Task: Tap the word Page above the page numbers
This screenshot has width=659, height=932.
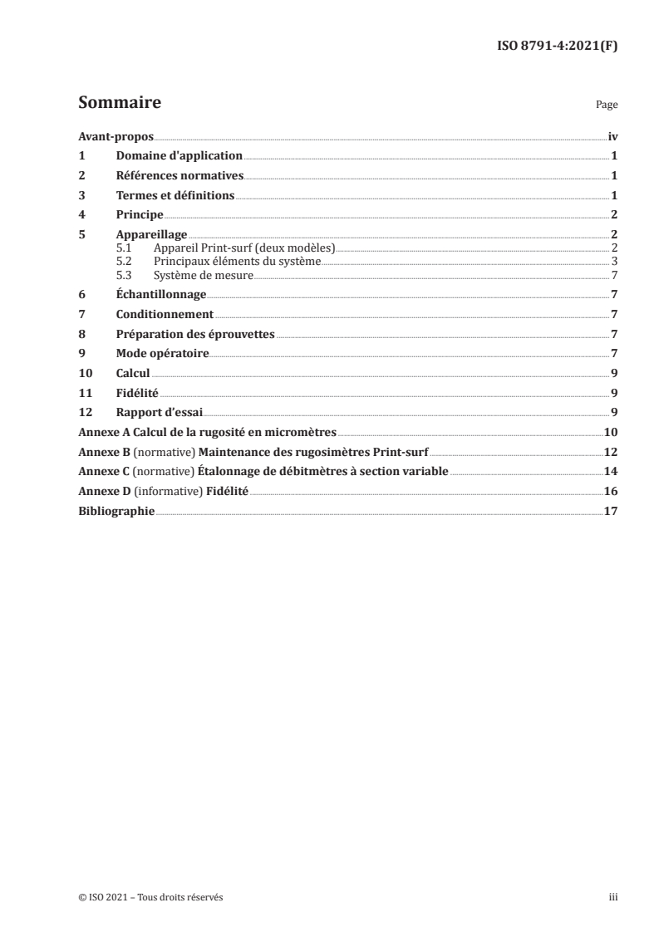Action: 607,106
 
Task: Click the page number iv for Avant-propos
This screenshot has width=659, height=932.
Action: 612,136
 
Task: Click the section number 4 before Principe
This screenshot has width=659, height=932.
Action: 81,215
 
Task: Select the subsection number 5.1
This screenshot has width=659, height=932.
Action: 124,248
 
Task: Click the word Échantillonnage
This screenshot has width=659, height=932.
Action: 160,294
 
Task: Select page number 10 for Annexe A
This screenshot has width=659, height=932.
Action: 610,433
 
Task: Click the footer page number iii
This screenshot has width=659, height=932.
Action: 612,896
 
